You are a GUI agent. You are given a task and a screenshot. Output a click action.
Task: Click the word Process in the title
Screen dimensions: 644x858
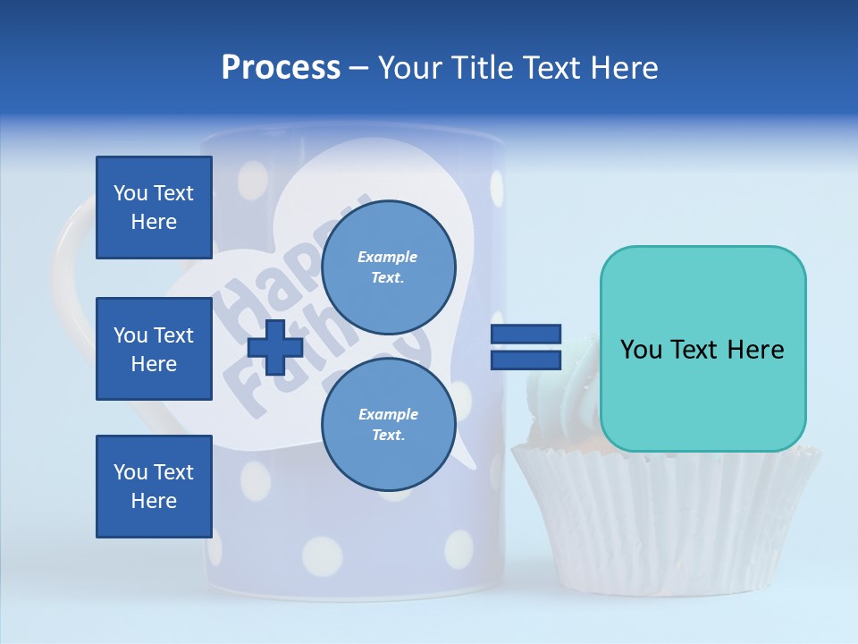pyautogui.click(x=281, y=68)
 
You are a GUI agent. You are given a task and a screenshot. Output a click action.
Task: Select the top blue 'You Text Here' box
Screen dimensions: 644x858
pyautogui.click(x=154, y=208)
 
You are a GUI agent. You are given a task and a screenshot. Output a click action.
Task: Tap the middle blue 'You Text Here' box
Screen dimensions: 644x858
pyautogui.click(x=154, y=349)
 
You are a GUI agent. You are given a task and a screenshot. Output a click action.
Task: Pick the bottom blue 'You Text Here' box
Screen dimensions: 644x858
pyautogui.click(x=154, y=487)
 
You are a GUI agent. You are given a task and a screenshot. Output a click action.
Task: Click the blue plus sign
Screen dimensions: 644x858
pyautogui.click(x=275, y=347)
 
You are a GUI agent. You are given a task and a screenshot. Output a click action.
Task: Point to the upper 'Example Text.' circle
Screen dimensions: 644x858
pyautogui.click(x=389, y=267)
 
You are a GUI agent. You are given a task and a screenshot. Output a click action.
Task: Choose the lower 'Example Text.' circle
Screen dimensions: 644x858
pyautogui.click(x=389, y=425)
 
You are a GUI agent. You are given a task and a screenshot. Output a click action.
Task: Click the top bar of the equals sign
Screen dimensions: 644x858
pyautogui.click(x=526, y=335)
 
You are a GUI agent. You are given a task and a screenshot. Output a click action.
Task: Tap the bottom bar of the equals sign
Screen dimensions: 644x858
pyautogui.click(x=526, y=360)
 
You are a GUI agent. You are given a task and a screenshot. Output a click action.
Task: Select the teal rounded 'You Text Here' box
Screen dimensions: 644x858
pyautogui.click(x=702, y=349)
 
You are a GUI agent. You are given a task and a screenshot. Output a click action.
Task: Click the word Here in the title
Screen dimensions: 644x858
pyautogui.click(x=626, y=68)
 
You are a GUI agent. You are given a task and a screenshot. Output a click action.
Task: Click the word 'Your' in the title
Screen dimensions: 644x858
pyautogui.click(x=411, y=68)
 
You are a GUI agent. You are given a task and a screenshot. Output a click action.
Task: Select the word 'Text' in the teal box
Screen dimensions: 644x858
pyautogui.click(x=702, y=350)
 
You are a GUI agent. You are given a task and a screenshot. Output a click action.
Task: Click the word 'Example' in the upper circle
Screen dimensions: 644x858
pyautogui.click(x=387, y=257)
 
